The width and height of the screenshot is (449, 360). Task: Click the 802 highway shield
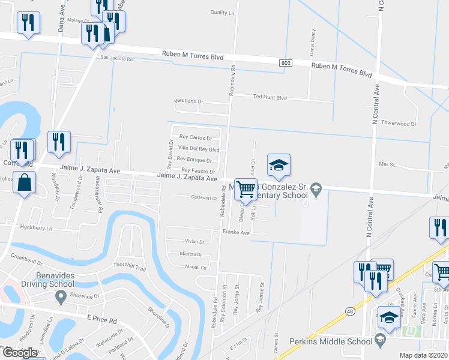[x=286, y=62]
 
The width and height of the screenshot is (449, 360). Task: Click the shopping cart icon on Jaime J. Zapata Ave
[x=246, y=190]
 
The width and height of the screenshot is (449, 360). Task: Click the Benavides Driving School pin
[x=60, y=296]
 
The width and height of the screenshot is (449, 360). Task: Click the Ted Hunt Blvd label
[x=270, y=97]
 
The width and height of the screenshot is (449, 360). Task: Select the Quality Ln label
[x=223, y=13]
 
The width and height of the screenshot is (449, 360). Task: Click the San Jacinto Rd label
[x=116, y=59]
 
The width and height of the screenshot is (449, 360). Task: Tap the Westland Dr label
[x=189, y=101]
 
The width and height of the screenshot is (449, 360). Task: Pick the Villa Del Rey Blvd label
[x=199, y=149]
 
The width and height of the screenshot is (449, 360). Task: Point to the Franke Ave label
[x=236, y=232]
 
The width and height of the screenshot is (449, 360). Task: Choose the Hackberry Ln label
[x=36, y=228]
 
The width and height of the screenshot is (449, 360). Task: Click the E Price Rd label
[x=101, y=320]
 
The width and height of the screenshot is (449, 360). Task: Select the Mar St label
[x=387, y=163]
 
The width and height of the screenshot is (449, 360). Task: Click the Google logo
[x=20, y=353]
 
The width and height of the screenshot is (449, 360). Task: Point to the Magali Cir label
[x=196, y=267]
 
